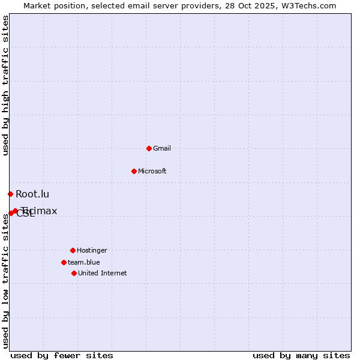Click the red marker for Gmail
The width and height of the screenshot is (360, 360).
149,148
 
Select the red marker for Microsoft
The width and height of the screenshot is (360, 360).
134,171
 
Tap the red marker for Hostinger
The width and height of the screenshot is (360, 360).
73,250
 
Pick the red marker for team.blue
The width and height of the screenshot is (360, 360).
64,262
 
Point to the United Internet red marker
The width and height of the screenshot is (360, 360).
74,273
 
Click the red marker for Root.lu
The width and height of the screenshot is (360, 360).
10,194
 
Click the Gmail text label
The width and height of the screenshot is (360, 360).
162,148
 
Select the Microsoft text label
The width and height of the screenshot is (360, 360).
152,171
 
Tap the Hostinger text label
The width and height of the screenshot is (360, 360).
92,250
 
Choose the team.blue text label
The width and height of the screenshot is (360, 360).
84,262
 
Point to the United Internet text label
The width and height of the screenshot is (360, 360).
103,273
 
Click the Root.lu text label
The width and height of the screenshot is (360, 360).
32,194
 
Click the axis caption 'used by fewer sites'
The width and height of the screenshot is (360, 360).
62,355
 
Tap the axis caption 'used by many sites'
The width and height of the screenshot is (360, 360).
301,355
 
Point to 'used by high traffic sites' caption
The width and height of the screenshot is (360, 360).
5,85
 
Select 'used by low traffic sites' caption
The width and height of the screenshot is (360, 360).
5,281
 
